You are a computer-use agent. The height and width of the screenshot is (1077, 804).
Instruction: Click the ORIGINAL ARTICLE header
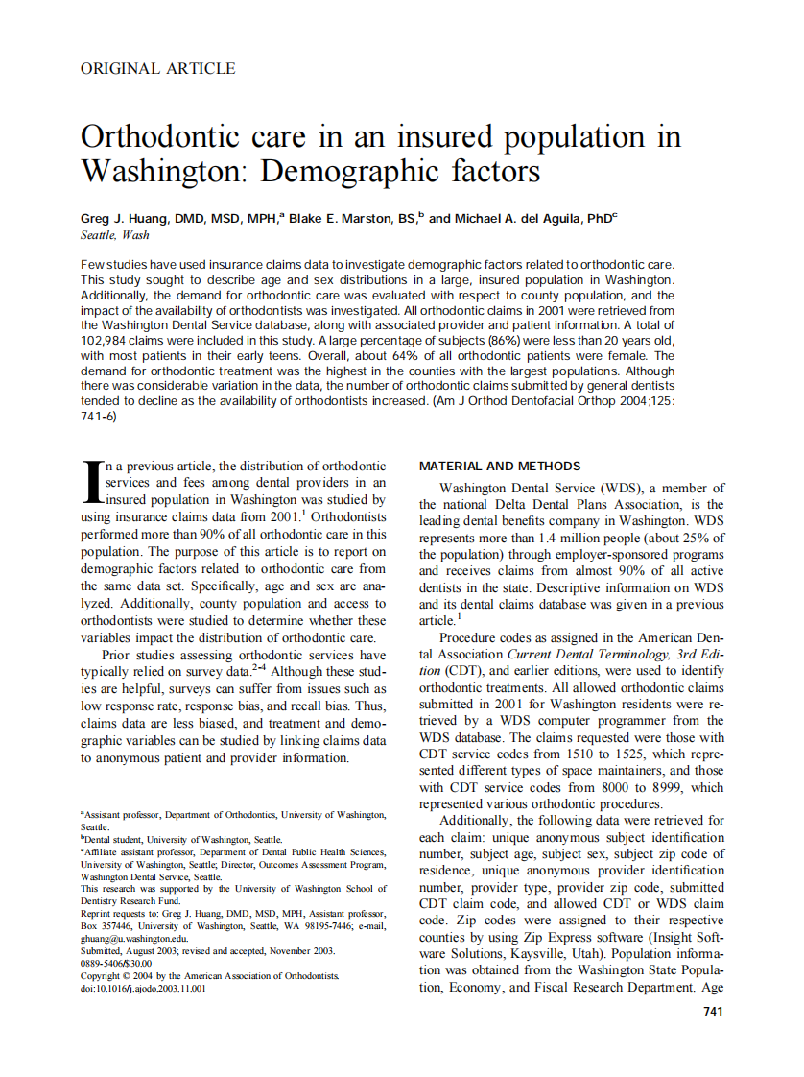[x=157, y=68]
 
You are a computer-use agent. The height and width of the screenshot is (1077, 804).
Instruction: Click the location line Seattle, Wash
[x=115, y=235]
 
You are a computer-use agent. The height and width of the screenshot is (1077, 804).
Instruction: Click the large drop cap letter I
[x=92, y=481]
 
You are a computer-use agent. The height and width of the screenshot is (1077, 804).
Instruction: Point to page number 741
[x=713, y=1011]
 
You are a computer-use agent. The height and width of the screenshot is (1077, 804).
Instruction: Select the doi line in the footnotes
[x=143, y=989]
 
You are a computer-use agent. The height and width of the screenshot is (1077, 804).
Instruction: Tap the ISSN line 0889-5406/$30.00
[x=116, y=964]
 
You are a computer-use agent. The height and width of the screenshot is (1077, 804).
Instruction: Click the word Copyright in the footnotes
[x=101, y=976]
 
